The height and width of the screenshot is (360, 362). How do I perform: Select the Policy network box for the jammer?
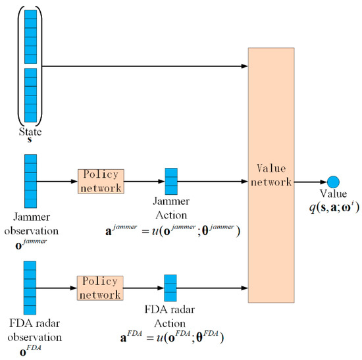[x=101, y=180]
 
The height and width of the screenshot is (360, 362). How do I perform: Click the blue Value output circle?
[x=332, y=182]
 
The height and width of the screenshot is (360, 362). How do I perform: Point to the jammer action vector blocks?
[x=171, y=181]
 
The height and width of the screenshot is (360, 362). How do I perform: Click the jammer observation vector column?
[x=30, y=181]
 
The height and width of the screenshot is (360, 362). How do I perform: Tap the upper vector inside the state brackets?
[x=30, y=36]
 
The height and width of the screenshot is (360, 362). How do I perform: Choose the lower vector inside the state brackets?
[x=30, y=96]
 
